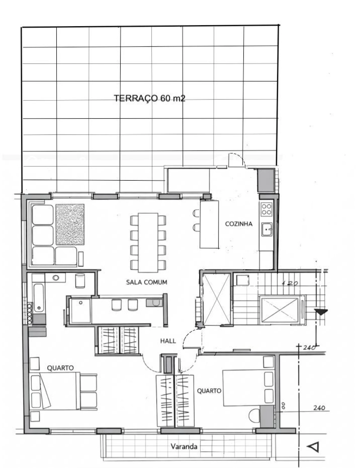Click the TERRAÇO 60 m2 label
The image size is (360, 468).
[x=149, y=98]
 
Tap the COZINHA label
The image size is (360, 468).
[x=238, y=224]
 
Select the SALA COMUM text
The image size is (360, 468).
[x=147, y=282]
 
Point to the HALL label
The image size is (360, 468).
[x=168, y=341]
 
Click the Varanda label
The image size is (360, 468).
[x=184, y=446]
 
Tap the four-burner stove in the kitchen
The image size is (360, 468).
[x=266, y=209]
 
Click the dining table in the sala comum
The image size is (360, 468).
[x=148, y=243]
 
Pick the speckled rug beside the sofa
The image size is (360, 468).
[x=70, y=224]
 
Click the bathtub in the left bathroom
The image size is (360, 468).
[x=39, y=298]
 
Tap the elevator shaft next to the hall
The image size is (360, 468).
[x=217, y=299]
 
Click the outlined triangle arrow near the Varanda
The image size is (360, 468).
[x=313, y=447]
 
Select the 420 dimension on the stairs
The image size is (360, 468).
[x=290, y=283]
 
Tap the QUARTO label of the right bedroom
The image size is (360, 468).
[x=209, y=391]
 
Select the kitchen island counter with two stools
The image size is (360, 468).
[x=209, y=224]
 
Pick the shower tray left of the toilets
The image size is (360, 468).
[x=80, y=310]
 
